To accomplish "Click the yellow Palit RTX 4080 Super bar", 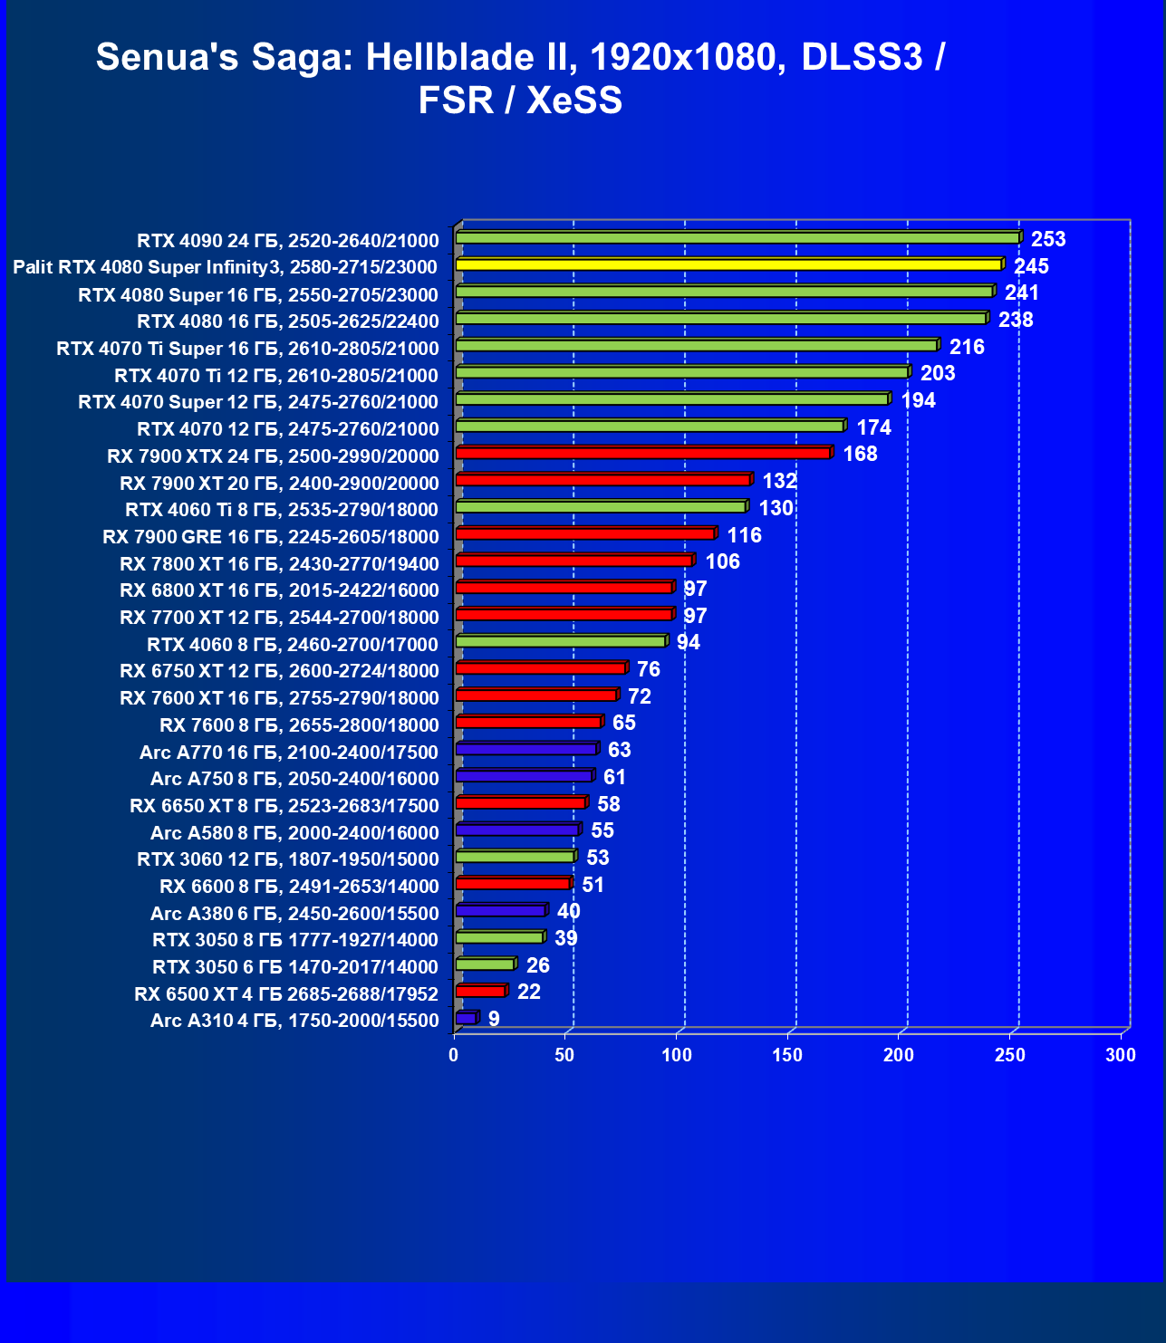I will [x=728, y=264].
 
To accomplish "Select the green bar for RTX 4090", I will [x=737, y=238].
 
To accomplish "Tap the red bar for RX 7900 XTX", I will [x=643, y=453].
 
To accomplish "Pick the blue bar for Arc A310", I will [x=466, y=1018].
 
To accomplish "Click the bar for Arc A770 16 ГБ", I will [x=526, y=749].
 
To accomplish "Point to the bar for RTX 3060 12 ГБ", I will [x=515, y=857].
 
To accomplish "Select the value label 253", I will [x=1048, y=239].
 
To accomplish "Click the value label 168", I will [x=860, y=454].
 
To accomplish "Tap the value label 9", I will [x=494, y=1019].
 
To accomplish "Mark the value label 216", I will [x=967, y=347].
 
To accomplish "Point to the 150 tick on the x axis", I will [x=787, y=1055].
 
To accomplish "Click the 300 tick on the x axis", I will [x=1121, y=1055].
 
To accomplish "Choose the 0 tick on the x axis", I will [x=454, y=1055].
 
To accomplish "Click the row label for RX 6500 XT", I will [x=286, y=994].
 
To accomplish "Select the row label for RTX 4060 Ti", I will [x=282, y=510].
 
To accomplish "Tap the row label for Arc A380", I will [x=294, y=914].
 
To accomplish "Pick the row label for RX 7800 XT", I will [x=279, y=564].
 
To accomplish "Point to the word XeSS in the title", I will [x=574, y=100].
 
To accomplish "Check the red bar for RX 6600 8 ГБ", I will [x=513, y=883].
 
